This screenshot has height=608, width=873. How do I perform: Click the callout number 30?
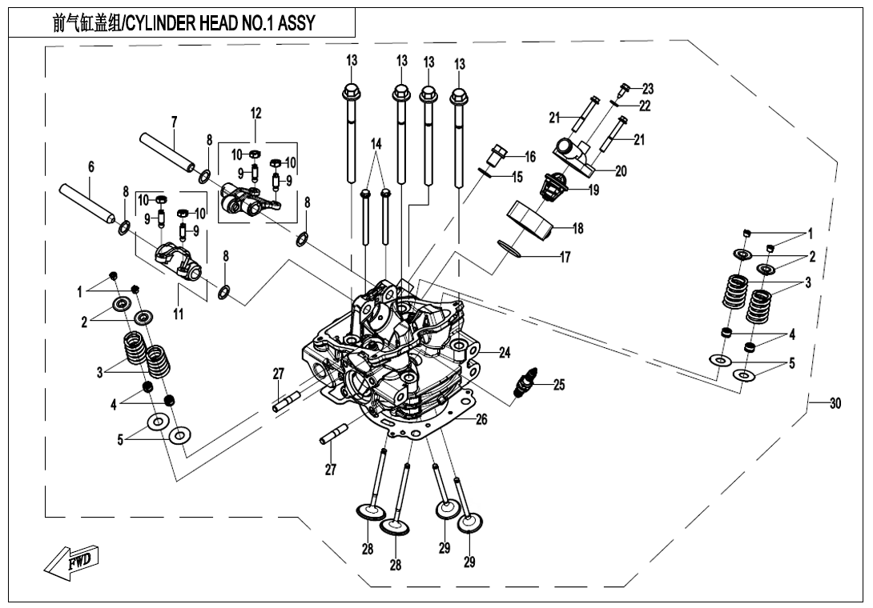pyautogui.click(x=835, y=404)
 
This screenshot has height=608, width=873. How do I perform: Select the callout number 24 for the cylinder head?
pyautogui.click(x=505, y=352)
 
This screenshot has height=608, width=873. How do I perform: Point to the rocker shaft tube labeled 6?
pyautogui.click(x=88, y=206)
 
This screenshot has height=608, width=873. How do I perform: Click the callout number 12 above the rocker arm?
pyautogui.click(x=255, y=114)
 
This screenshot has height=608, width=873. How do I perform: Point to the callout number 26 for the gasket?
pyautogui.click(x=481, y=418)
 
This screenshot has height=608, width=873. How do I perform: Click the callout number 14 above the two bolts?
pyautogui.click(x=376, y=144)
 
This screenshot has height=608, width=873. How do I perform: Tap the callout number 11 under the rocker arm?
pyautogui.click(x=178, y=314)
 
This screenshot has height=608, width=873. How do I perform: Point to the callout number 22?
pyautogui.click(x=645, y=105)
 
